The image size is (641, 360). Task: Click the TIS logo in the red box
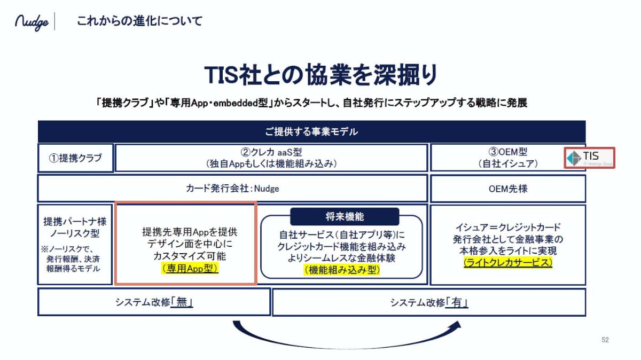[x=590, y=158]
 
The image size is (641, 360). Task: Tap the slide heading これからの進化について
[x=140, y=22]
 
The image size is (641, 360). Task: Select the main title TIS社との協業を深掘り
[x=320, y=75]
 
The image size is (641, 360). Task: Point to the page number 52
[x=605, y=340]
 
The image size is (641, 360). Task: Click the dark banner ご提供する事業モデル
[x=311, y=131]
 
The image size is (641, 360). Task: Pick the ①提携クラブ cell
[x=75, y=158]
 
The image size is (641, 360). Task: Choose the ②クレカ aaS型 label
[x=271, y=152]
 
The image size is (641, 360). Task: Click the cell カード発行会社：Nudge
[x=232, y=188]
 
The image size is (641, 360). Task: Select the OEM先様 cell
[x=507, y=188]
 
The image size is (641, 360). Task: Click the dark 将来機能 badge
[x=345, y=216]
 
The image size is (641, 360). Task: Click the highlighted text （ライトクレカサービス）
[x=508, y=263]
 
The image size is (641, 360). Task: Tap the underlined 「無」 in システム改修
[x=182, y=302]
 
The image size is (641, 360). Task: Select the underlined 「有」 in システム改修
[x=458, y=302]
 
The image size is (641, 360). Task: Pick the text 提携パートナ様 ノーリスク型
[x=75, y=228]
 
